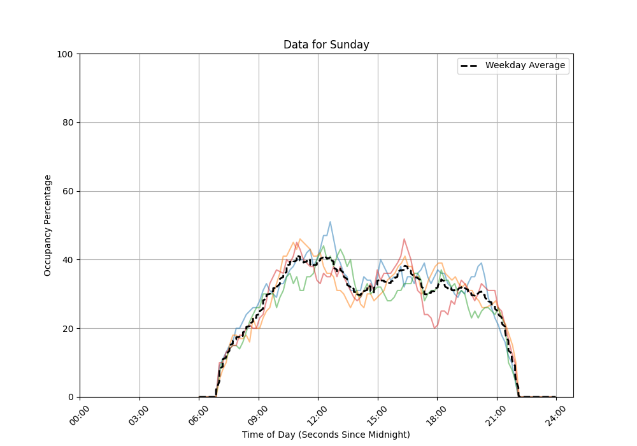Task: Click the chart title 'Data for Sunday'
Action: pyautogui.click(x=326, y=45)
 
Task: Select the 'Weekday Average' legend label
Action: pyautogui.click(x=525, y=65)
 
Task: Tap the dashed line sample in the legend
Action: pyautogui.click(x=471, y=66)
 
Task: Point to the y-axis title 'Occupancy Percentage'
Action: pyautogui.click(x=48, y=225)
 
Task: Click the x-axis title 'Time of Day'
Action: pyautogui.click(x=326, y=435)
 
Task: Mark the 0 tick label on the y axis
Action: pyautogui.click(x=71, y=397)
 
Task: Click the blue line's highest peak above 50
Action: pyautogui.click(x=330, y=222)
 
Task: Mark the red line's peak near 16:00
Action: pyautogui.click(x=404, y=239)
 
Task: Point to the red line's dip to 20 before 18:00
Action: pyautogui.click(x=434, y=328)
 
